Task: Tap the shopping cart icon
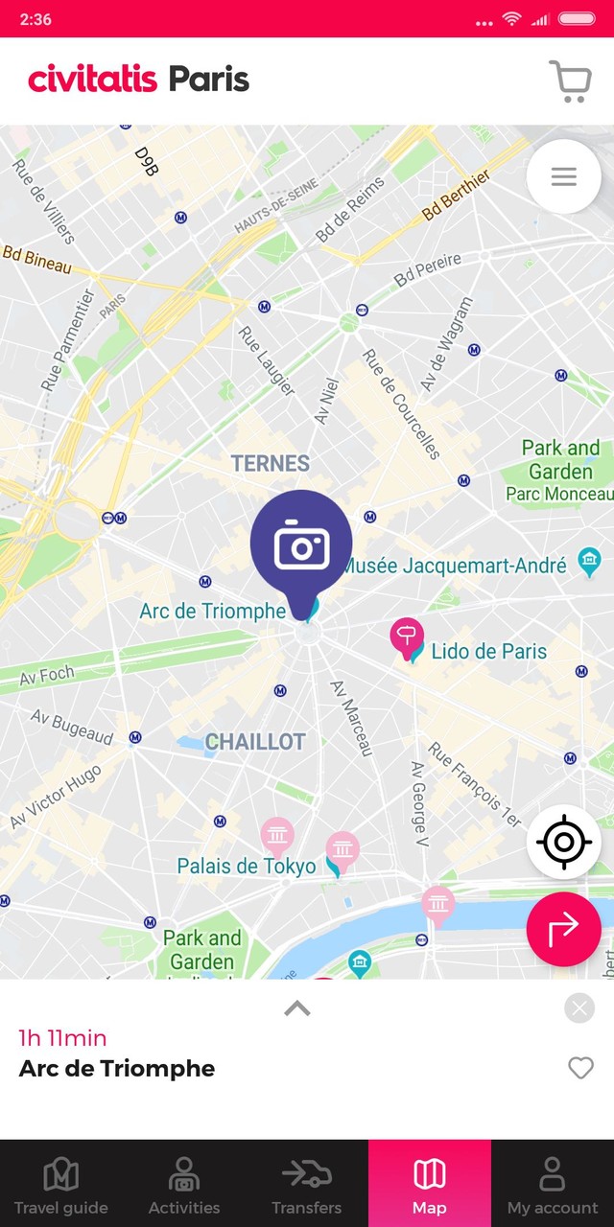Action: tap(570, 81)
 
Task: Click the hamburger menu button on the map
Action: tap(564, 176)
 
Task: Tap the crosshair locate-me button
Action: tap(564, 843)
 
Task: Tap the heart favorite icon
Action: tap(580, 1067)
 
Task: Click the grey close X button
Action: tap(579, 1008)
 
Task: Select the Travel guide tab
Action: tap(61, 1185)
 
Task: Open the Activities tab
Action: tap(184, 1185)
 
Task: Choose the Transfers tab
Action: tap(307, 1185)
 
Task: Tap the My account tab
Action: tap(553, 1185)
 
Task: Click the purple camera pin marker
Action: tap(301, 544)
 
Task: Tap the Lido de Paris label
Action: tap(489, 652)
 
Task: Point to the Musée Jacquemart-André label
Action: tap(455, 566)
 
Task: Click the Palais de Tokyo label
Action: tap(247, 867)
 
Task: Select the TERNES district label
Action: tap(271, 464)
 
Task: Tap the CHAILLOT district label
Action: tap(255, 742)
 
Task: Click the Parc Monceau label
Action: tap(560, 495)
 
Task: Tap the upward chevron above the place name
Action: tap(297, 1007)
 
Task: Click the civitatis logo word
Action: tap(93, 79)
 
